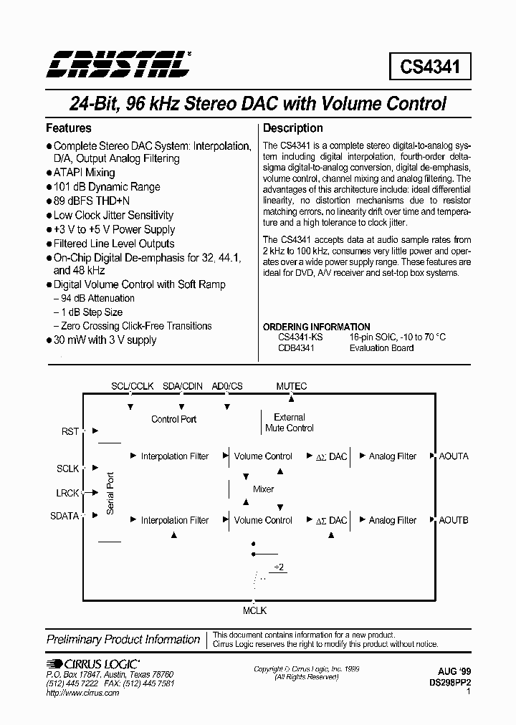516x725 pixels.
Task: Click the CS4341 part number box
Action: coord(430,67)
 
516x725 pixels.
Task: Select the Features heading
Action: coord(69,128)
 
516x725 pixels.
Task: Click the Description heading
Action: coord(293,128)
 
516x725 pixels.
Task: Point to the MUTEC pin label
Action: coord(292,386)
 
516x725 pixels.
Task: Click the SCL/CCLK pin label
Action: coord(133,386)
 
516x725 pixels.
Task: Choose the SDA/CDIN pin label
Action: coord(183,386)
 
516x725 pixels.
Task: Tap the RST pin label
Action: coord(70,431)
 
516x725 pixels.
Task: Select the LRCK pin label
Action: coord(69,492)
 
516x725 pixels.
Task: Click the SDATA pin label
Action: coord(65,516)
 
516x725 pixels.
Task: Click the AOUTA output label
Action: coord(454,456)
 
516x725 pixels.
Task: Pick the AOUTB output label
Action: coord(454,520)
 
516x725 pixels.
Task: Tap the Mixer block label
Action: coord(264,489)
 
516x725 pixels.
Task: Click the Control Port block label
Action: coord(173,419)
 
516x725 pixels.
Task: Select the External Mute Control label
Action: coord(290,423)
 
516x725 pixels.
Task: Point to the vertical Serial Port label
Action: coord(110,493)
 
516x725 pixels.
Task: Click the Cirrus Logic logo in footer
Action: coord(93,664)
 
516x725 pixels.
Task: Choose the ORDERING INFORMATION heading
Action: coord(317,327)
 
